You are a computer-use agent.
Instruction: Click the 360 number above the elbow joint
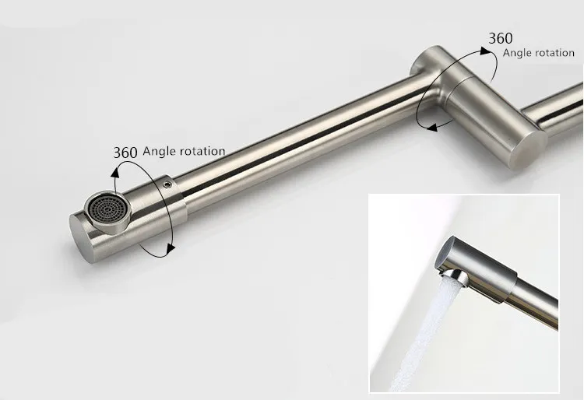pos(501,38)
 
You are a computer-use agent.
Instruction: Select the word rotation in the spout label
pos(203,152)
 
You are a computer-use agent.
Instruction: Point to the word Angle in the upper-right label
pos(519,53)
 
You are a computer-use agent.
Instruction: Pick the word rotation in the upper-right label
pos(554,53)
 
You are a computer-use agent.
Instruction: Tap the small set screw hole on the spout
pos(169,185)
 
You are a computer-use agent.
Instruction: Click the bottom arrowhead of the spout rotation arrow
pos(167,251)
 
